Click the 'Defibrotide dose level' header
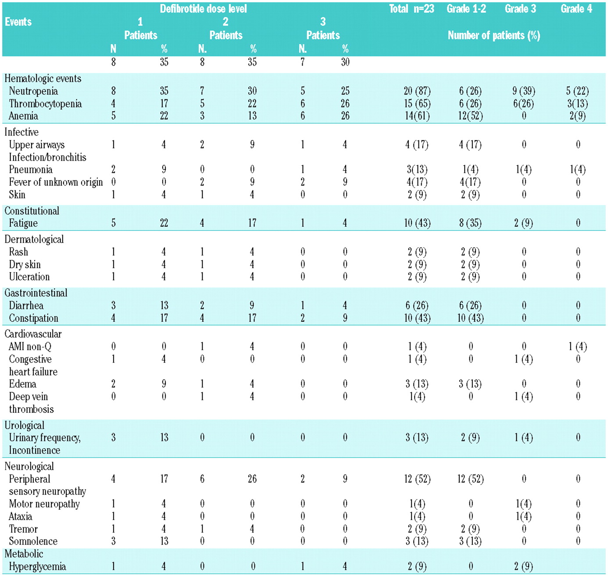point(203,9)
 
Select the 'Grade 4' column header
point(576,9)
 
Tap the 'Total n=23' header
point(411,9)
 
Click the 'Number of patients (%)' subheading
point(494,36)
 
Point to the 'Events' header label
point(18,22)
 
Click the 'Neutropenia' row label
point(33,91)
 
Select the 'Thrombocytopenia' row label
point(45,104)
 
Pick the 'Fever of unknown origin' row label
point(56,182)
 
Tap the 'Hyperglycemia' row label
point(37,566)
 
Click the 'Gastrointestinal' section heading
point(36,293)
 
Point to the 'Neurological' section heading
point(29,466)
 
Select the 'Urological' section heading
point(24,425)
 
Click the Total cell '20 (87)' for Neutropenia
point(417,91)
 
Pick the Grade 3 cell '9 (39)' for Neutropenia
point(523,91)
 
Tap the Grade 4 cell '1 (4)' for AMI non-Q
point(577,347)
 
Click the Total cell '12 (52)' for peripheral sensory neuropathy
point(417,479)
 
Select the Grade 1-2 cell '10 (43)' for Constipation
point(470,318)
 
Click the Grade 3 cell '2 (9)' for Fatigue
point(523,223)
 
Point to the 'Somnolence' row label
point(33,541)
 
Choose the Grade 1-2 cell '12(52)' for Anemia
point(470,116)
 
